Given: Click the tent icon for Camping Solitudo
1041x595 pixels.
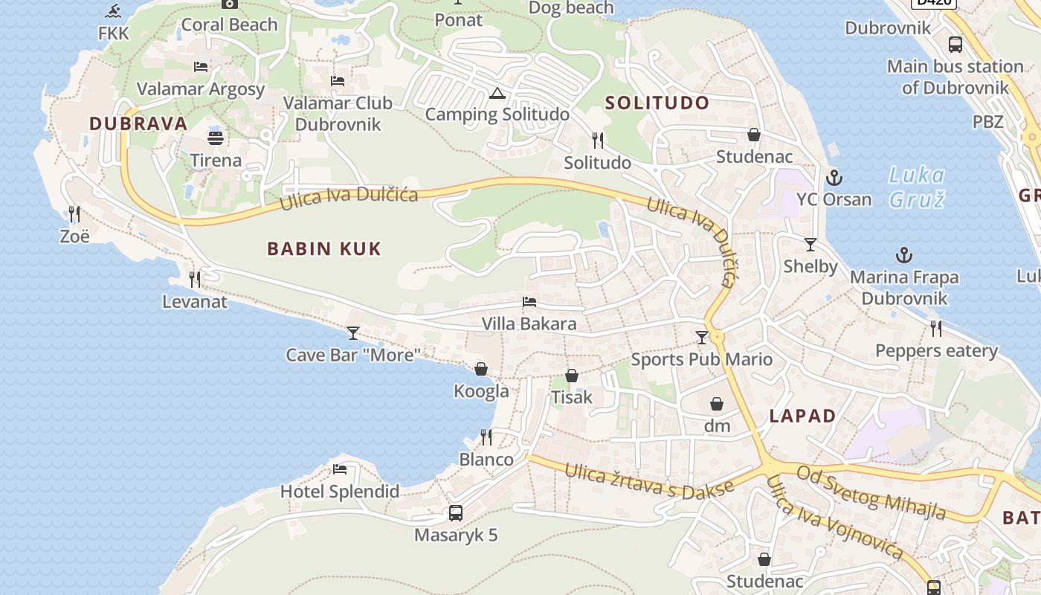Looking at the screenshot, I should (x=497, y=93).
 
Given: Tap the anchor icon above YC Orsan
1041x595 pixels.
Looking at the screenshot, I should (x=834, y=178).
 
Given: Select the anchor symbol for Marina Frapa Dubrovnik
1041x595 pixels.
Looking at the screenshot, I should (x=903, y=256).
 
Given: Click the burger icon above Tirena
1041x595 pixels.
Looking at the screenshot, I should (x=216, y=138).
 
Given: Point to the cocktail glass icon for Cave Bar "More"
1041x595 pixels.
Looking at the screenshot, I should (x=353, y=332).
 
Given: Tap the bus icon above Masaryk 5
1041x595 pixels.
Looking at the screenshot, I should (x=455, y=512).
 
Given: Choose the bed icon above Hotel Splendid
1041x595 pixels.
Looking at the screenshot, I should (x=340, y=469).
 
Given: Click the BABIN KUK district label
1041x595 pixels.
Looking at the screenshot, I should (x=324, y=248).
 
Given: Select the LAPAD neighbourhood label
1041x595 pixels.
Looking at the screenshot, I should (x=802, y=416).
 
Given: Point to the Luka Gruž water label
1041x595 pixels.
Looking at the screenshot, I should (x=917, y=187).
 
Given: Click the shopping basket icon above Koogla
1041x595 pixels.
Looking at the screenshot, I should (x=481, y=369).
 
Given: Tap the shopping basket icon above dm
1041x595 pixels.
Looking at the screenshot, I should (x=717, y=404).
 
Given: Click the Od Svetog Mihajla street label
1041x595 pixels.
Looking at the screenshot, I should (x=871, y=492).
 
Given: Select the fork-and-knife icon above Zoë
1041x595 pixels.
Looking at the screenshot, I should (x=74, y=214).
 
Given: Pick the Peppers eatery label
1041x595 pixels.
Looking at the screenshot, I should (x=936, y=350).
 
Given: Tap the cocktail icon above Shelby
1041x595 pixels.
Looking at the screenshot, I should (x=810, y=244).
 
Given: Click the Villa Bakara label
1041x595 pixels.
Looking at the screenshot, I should (x=529, y=324).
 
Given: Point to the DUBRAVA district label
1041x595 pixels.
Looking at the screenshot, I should (x=138, y=123).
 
